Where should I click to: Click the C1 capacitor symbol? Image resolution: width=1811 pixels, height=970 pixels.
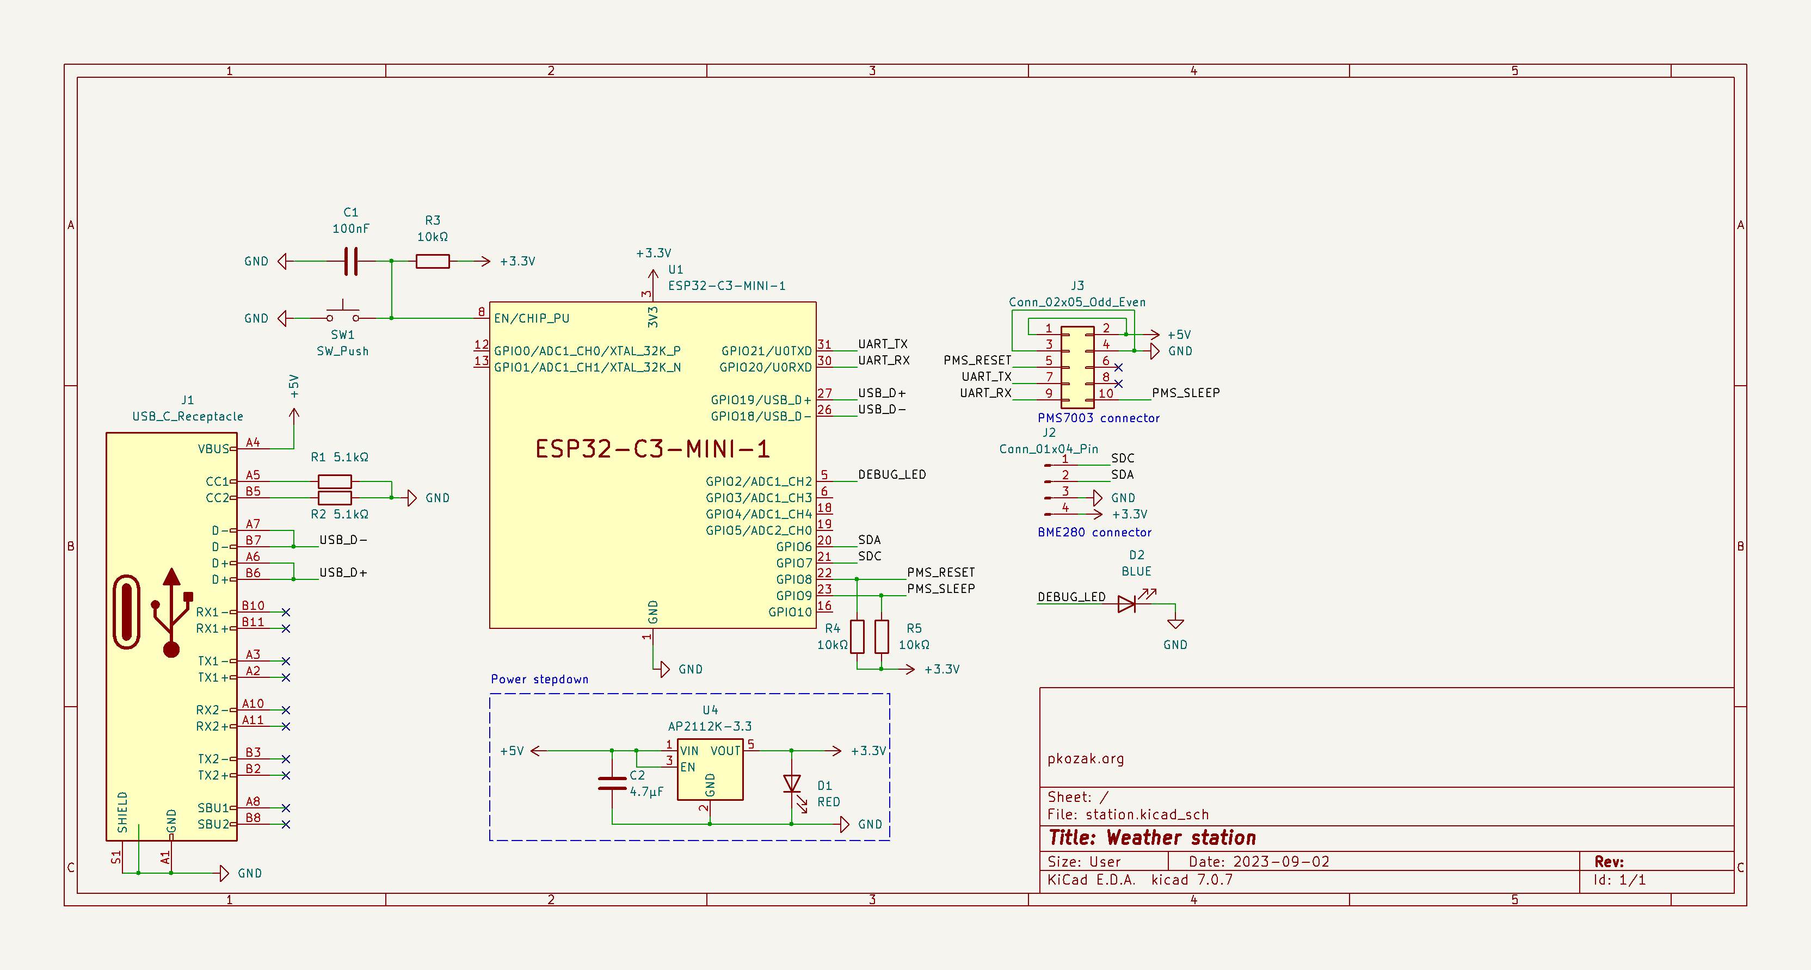[x=351, y=261]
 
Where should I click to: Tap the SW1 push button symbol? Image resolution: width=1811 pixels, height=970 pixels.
[x=342, y=313]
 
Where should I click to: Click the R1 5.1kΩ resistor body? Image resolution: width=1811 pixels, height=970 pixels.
[x=335, y=481]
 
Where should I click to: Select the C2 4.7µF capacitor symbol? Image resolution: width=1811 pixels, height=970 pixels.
[x=612, y=783]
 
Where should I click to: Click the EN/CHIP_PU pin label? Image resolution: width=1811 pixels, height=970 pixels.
[x=532, y=318]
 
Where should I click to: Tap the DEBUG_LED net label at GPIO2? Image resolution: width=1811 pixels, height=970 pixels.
[x=891, y=474]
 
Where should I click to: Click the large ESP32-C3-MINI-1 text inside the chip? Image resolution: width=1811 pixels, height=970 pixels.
[x=652, y=448]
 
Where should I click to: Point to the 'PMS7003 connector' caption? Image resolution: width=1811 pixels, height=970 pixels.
[x=1098, y=417]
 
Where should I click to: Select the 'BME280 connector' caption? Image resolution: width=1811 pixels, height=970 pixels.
[x=1094, y=532]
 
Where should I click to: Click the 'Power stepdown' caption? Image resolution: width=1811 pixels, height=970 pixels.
[x=539, y=679]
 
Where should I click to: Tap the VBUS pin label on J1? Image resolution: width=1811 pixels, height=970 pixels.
[x=213, y=448]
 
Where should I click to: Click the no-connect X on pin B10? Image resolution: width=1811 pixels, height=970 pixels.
[x=286, y=612]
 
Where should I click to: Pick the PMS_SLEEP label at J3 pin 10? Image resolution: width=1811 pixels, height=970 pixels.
[x=1185, y=393]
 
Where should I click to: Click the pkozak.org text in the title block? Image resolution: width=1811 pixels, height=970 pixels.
[x=1086, y=758]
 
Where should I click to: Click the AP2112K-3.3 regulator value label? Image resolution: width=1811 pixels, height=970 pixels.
[x=710, y=726]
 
